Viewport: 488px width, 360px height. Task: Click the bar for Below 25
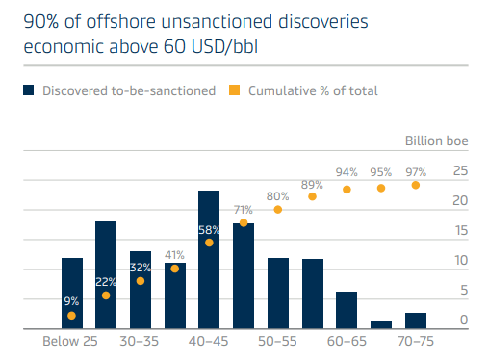pyautogui.click(x=72, y=293)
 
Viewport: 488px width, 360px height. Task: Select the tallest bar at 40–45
pyautogui.click(x=209, y=259)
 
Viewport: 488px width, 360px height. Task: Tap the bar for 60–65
pyautogui.click(x=347, y=310)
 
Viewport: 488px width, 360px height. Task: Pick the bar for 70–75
pyautogui.click(x=416, y=321)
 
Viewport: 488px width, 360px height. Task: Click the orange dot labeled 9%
pyautogui.click(x=71, y=316)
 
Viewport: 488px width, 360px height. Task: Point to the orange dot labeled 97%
pyautogui.click(x=416, y=185)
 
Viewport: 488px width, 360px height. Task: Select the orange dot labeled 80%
pyautogui.click(x=278, y=210)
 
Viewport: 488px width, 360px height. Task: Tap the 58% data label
pyautogui.click(x=209, y=230)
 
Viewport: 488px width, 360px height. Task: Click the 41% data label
pyautogui.click(x=174, y=255)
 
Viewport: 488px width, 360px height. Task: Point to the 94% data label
pyautogui.click(x=347, y=172)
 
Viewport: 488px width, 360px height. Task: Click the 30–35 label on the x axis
pyautogui.click(x=140, y=341)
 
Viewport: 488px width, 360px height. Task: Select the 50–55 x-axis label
pyautogui.click(x=277, y=341)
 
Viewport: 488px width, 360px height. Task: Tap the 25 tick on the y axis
pyautogui.click(x=460, y=170)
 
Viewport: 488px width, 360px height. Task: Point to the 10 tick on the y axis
pyautogui.click(x=461, y=260)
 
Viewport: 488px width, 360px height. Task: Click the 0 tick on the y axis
pyautogui.click(x=464, y=320)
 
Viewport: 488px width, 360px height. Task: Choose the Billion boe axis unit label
pyautogui.click(x=437, y=141)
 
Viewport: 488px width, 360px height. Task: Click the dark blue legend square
pyautogui.click(x=29, y=90)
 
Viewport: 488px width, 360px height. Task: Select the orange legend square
pyautogui.click(x=234, y=90)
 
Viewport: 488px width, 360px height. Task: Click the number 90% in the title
pyautogui.click(x=41, y=22)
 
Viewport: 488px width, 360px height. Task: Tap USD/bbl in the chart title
pyautogui.click(x=224, y=46)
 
